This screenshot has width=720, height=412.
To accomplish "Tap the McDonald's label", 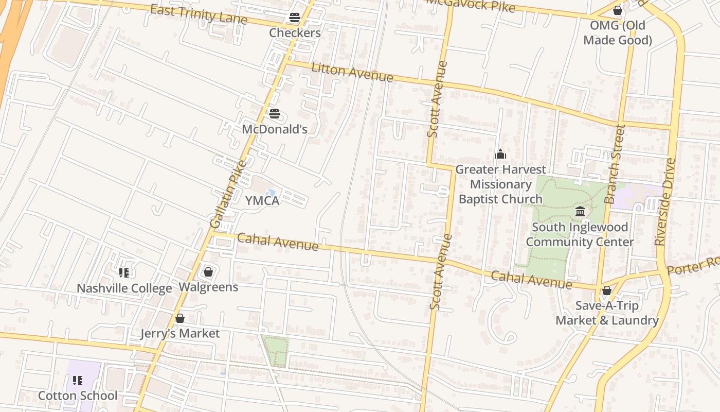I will point(275,129).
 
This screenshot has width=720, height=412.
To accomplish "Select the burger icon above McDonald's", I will point(275,114).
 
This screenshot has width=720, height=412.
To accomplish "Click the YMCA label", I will point(262,201).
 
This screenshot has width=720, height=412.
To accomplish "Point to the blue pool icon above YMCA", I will point(271,192).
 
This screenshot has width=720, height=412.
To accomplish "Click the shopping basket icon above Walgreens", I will point(208,271).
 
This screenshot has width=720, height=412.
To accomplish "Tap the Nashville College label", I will point(124,288).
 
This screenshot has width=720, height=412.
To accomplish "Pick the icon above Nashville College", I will point(123,272).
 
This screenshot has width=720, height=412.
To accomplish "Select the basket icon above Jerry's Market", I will point(180,318).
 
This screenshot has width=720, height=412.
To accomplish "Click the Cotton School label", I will point(78,396).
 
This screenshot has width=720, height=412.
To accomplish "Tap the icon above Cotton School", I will point(78,381).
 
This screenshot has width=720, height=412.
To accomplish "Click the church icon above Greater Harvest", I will point(500,154).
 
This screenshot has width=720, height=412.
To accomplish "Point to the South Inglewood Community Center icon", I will point(580,211).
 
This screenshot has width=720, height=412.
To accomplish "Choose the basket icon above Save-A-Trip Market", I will point(607,290).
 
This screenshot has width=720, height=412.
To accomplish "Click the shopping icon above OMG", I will point(618,10).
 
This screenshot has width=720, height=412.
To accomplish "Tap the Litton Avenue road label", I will point(352,72).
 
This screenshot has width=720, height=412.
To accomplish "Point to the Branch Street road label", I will point(615,164).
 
